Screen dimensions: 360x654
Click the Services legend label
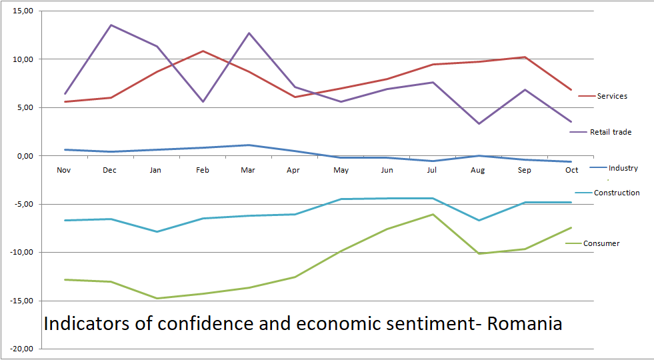(x=612, y=96)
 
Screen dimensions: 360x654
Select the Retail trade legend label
(x=610, y=132)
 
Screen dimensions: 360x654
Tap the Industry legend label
(x=623, y=168)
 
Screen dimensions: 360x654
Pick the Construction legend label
(x=617, y=193)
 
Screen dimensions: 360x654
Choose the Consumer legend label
(x=601, y=243)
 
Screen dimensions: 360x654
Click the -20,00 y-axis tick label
(x=22, y=349)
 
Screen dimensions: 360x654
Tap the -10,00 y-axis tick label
(x=22, y=253)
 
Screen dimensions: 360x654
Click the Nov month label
(x=64, y=170)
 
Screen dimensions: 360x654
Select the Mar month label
(x=248, y=170)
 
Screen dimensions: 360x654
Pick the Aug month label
(x=477, y=170)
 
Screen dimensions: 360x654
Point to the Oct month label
(x=571, y=170)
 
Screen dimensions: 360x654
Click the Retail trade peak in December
(x=111, y=25)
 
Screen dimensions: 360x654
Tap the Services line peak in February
(x=203, y=51)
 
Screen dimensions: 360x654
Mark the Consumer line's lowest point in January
(x=157, y=298)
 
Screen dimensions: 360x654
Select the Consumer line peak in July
(x=432, y=214)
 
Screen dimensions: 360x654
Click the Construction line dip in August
(x=478, y=220)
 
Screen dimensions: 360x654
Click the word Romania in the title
(x=525, y=324)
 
